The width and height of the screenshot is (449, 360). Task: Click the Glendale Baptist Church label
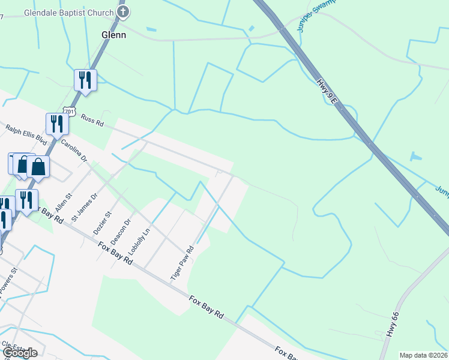(68, 13)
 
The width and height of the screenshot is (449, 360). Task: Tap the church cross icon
(123, 12)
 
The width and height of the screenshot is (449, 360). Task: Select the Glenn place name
(113, 35)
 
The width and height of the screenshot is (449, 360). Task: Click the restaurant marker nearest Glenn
(85, 80)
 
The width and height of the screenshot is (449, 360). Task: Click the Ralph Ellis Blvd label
(26, 135)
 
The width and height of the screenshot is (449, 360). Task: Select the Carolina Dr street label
(74, 151)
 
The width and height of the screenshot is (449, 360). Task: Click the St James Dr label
(84, 207)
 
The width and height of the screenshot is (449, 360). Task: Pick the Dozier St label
(102, 222)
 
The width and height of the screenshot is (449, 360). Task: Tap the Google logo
(20, 353)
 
